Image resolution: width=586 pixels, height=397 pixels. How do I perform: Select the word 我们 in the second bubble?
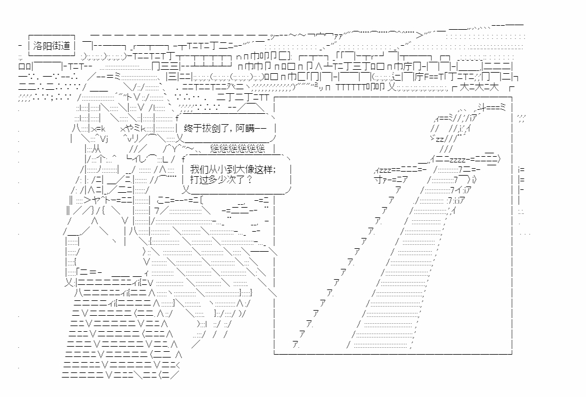coord(197,169)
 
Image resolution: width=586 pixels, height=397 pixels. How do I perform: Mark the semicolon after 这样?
coord(274,169)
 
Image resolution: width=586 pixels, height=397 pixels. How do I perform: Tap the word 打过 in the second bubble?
coord(197,180)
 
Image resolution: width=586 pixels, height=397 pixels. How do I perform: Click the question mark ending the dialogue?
coord(249,180)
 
